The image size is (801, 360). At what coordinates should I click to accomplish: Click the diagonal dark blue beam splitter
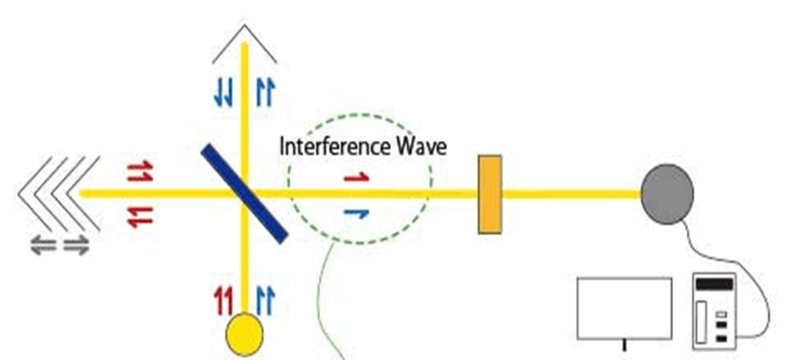click(x=244, y=193)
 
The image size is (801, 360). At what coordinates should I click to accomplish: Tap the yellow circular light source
click(x=245, y=334)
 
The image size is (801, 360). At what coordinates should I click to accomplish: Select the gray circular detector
click(x=667, y=194)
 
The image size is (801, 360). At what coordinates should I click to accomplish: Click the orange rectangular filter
click(x=489, y=194)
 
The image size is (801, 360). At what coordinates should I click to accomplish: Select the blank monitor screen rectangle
click(x=624, y=308)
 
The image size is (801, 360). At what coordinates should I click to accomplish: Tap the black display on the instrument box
click(x=715, y=285)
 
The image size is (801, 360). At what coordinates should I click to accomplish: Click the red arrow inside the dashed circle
click(x=356, y=177)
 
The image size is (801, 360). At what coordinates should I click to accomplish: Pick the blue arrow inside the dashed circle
click(x=356, y=213)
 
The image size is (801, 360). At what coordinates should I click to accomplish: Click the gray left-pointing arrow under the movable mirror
click(x=43, y=246)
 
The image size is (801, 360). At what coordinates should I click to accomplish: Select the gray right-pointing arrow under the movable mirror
click(x=76, y=246)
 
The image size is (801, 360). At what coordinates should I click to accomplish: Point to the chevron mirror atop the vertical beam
click(x=244, y=43)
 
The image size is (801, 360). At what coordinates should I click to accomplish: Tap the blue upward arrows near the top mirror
click(x=264, y=93)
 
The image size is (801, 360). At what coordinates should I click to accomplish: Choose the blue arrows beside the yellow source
click(x=265, y=302)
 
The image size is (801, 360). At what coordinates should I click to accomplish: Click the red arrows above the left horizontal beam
click(x=140, y=172)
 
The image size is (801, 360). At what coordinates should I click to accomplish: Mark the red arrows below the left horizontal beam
click(x=140, y=217)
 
